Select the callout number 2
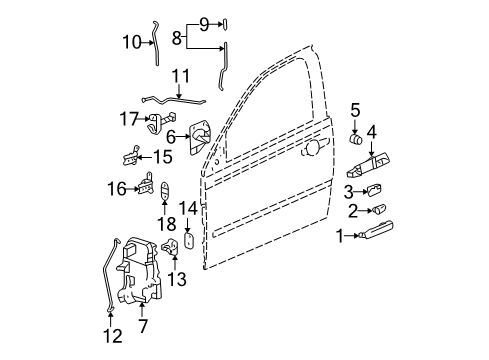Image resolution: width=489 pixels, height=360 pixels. pos(353,210)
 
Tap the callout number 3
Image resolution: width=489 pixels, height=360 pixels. pos(349,190)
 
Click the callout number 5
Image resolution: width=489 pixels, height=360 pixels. pos(354,109)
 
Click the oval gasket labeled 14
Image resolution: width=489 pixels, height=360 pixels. pos(188,241)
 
